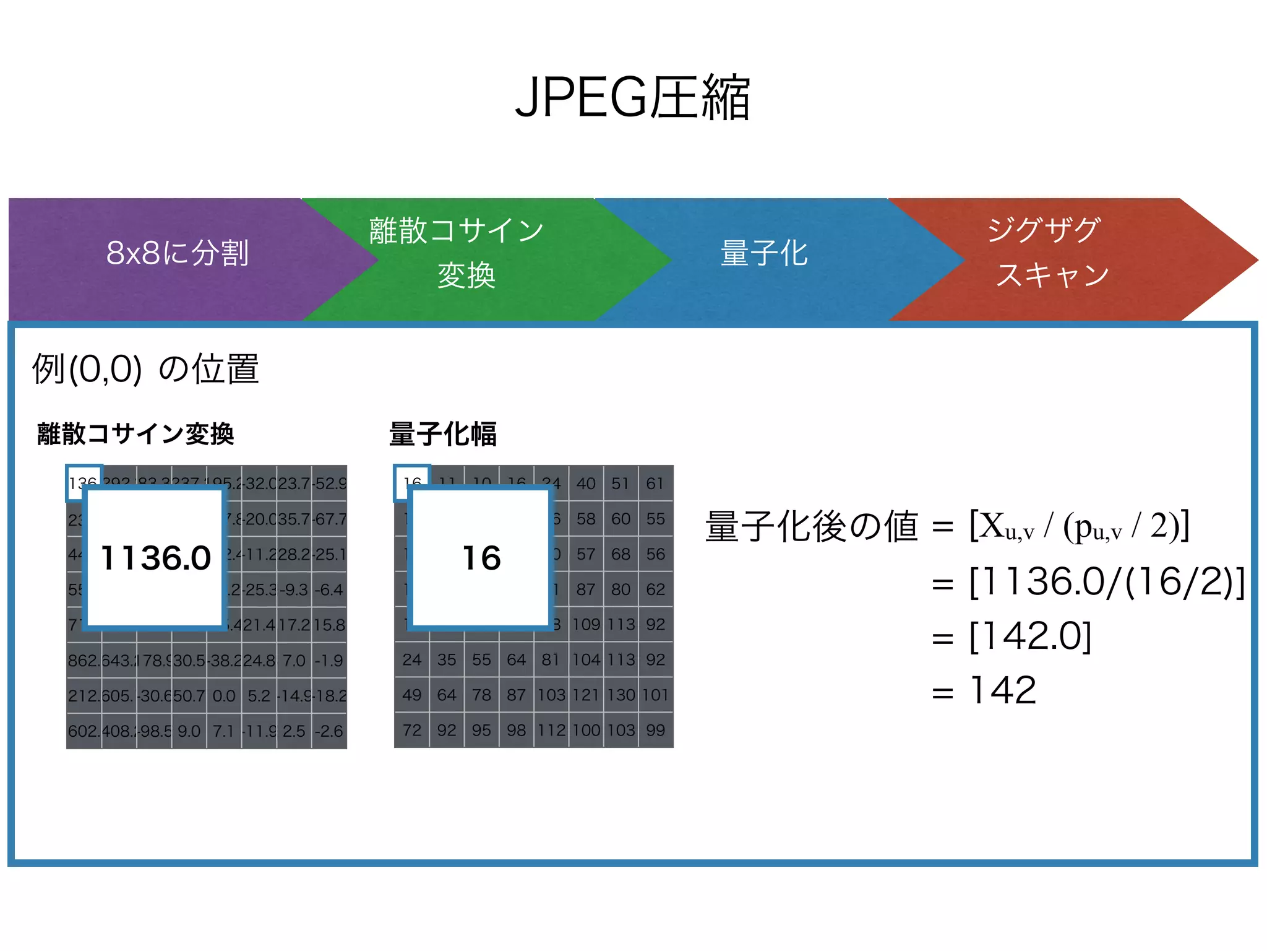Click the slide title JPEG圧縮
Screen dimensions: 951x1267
pos(632,97)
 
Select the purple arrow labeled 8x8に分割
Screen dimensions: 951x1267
pos(178,253)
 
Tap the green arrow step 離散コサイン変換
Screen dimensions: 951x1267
pos(457,253)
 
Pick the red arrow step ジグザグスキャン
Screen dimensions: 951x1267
pos(1052,253)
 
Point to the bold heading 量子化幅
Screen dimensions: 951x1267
pos(443,434)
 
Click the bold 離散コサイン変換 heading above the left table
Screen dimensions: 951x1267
pos(135,434)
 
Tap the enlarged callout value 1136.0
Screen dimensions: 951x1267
pos(155,558)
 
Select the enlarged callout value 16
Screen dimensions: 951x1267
pos(481,558)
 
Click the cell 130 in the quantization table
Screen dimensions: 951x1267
pos(621,695)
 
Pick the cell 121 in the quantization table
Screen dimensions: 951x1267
pos(586,695)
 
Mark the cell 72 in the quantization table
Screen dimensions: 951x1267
pos(412,731)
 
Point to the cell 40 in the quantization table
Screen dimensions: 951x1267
pos(586,484)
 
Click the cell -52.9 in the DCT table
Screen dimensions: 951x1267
pos(330,484)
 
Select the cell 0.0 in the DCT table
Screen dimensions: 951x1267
pos(224,696)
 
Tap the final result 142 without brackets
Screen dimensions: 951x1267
pos(1003,690)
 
